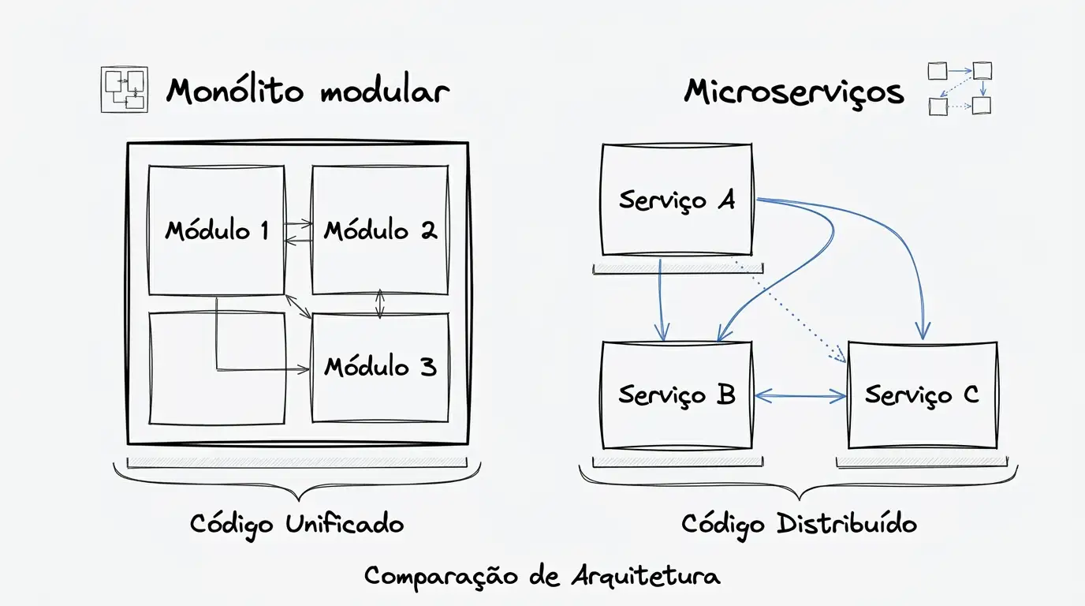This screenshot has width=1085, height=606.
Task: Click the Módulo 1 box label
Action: tap(217, 230)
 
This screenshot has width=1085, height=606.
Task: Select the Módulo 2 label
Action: tap(380, 230)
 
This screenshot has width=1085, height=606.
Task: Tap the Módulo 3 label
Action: tap(380, 367)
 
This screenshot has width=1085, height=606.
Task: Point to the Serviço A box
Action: tap(677, 200)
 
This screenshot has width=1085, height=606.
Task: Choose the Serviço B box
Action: tap(677, 395)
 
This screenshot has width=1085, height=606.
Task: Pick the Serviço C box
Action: tap(922, 395)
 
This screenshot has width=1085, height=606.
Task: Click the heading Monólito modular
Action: tap(308, 92)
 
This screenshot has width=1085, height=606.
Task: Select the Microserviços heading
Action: tap(793, 92)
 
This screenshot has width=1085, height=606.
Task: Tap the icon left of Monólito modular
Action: tap(125, 88)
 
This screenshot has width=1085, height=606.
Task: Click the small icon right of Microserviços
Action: tap(959, 88)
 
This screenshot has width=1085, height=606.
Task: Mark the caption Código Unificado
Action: tap(296, 524)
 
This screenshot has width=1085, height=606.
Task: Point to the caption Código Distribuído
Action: tap(799, 524)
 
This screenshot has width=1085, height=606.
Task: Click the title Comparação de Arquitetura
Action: tap(542, 576)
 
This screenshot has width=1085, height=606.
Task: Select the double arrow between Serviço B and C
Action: tap(800, 397)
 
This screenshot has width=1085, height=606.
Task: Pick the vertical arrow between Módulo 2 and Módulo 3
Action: tap(380, 304)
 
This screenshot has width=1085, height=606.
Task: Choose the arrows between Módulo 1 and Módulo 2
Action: tap(298, 230)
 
